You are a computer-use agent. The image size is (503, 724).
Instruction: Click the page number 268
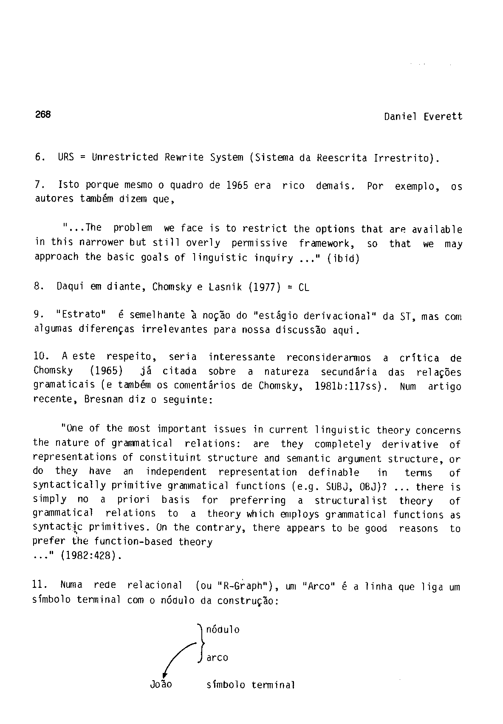(43, 114)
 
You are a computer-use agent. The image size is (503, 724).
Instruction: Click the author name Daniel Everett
(423, 117)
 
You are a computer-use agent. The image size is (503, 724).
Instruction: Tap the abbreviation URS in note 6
(66, 157)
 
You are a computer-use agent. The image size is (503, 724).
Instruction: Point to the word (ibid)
(343, 258)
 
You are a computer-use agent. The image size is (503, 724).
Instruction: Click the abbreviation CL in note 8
(304, 287)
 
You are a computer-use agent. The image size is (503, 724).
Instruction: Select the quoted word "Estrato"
(81, 315)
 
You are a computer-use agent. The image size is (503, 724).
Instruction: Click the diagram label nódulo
(223, 630)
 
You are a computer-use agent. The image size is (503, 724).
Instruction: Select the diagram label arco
(218, 658)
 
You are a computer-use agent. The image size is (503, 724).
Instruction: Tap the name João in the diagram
(161, 685)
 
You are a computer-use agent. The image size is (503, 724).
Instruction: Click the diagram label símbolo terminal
(251, 685)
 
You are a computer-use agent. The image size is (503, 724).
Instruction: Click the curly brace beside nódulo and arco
(200, 643)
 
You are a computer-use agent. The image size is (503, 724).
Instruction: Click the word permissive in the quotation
(259, 243)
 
